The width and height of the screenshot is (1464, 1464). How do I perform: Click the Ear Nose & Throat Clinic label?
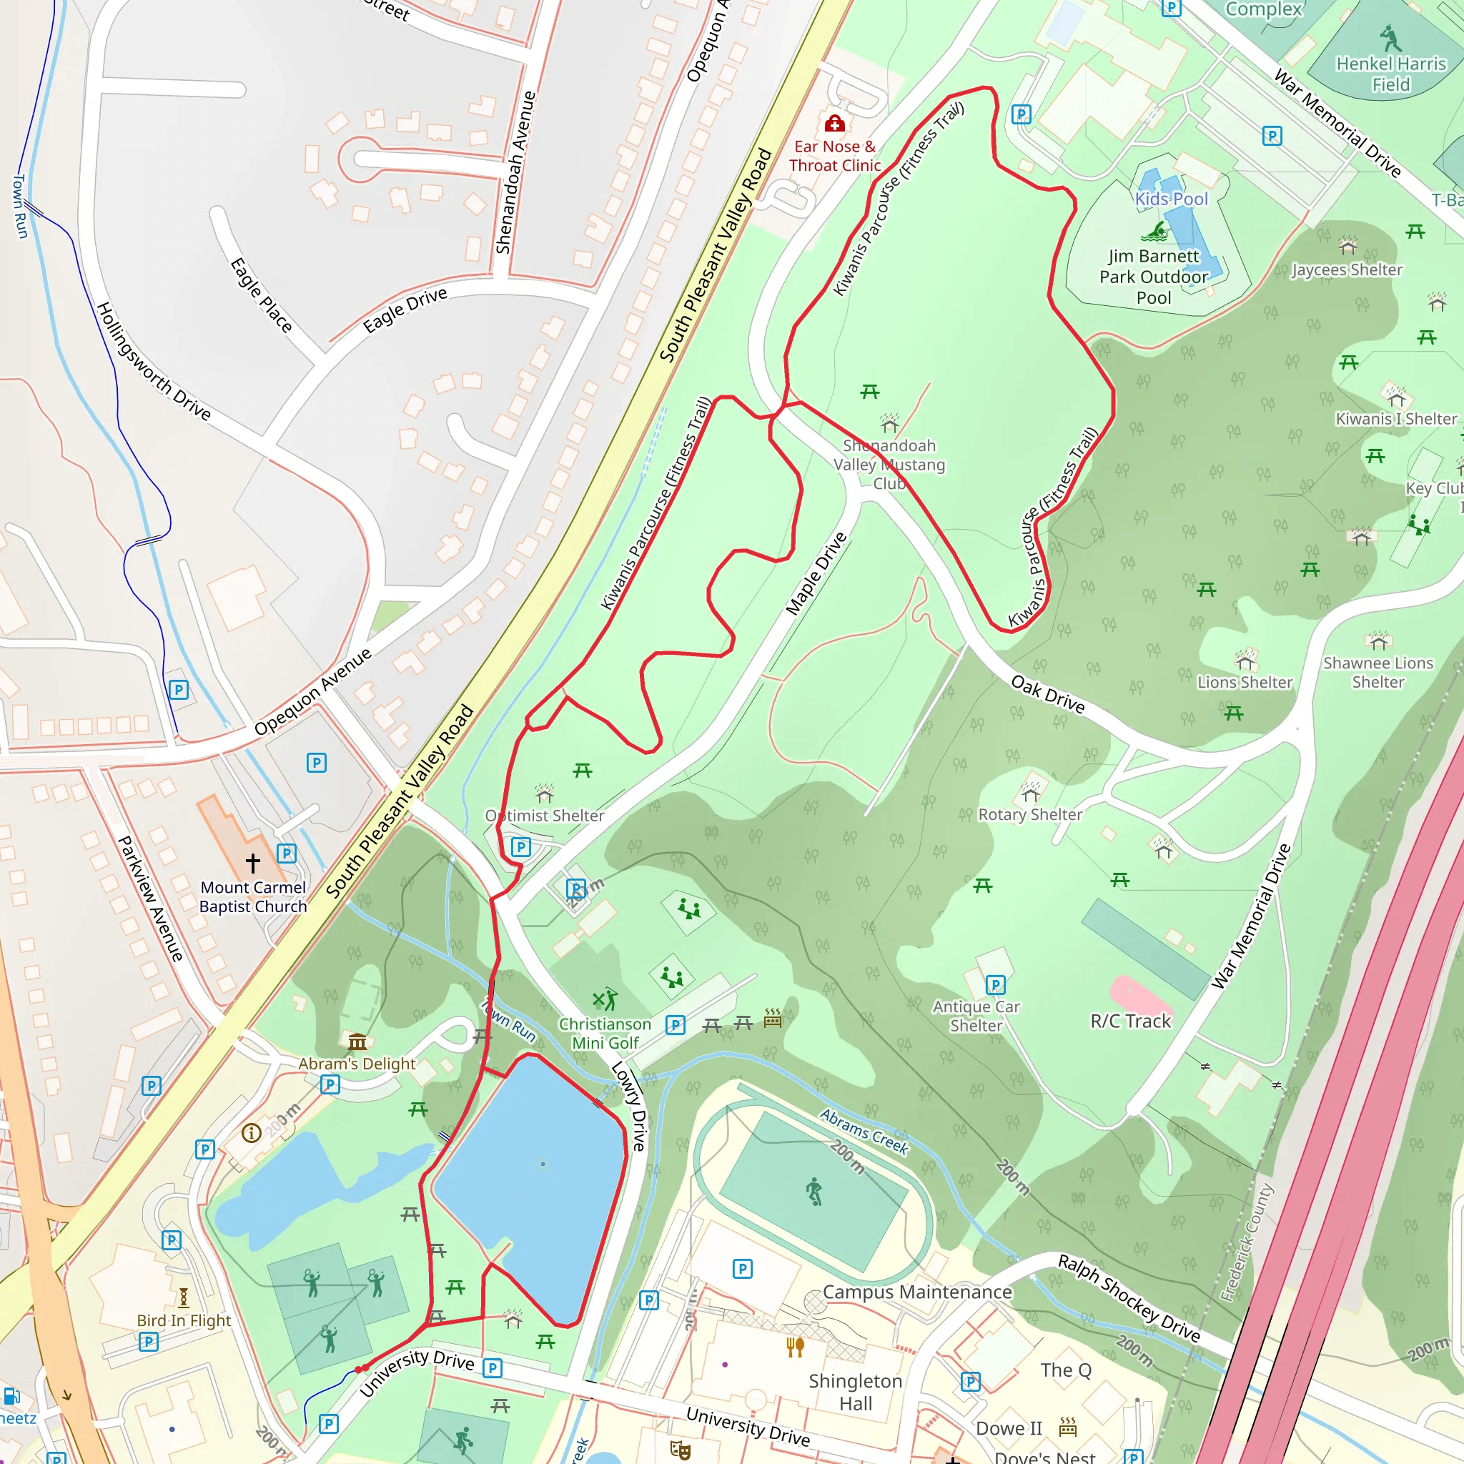click(834, 156)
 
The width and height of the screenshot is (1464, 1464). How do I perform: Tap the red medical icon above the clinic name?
click(834, 123)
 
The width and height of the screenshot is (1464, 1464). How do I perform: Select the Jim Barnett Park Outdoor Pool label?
click(1153, 277)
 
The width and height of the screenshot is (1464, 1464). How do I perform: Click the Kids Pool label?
click(1171, 199)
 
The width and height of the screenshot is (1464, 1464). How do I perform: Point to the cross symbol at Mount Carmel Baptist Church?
click(253, 862)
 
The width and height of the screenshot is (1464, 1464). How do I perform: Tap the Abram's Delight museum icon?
click(357, 1042)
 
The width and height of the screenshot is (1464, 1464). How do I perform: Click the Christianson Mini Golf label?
click(605, 1034)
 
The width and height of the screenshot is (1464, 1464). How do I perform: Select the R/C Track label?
click(1131, 1022)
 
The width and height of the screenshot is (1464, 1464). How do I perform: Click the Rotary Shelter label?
click(1030, 815)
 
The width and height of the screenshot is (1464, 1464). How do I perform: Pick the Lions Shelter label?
click(1245, 683)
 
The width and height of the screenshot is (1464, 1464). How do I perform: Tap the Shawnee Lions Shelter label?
click(1378, 672)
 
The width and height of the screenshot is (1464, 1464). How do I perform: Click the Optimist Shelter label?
click(545, 816)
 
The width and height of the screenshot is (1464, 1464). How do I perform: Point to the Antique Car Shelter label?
click(976, 1017)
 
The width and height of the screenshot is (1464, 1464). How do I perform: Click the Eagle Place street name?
click(262, 295)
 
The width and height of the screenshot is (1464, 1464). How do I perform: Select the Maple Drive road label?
click(816, 573)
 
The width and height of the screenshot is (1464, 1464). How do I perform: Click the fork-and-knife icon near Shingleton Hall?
click(795, 1347)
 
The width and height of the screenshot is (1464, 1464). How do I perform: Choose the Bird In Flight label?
click(184, 1321)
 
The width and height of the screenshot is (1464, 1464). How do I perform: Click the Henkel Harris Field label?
click(1390, 74)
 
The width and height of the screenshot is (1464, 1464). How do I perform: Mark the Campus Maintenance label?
click(917, 1292)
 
